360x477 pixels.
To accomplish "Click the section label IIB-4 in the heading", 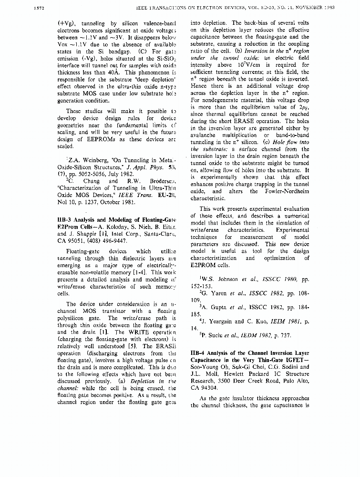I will (x=198, y=353).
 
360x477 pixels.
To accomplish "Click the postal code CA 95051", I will (x=72, y=241).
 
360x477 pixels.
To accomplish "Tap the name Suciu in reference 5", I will (x=216, y=335).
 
